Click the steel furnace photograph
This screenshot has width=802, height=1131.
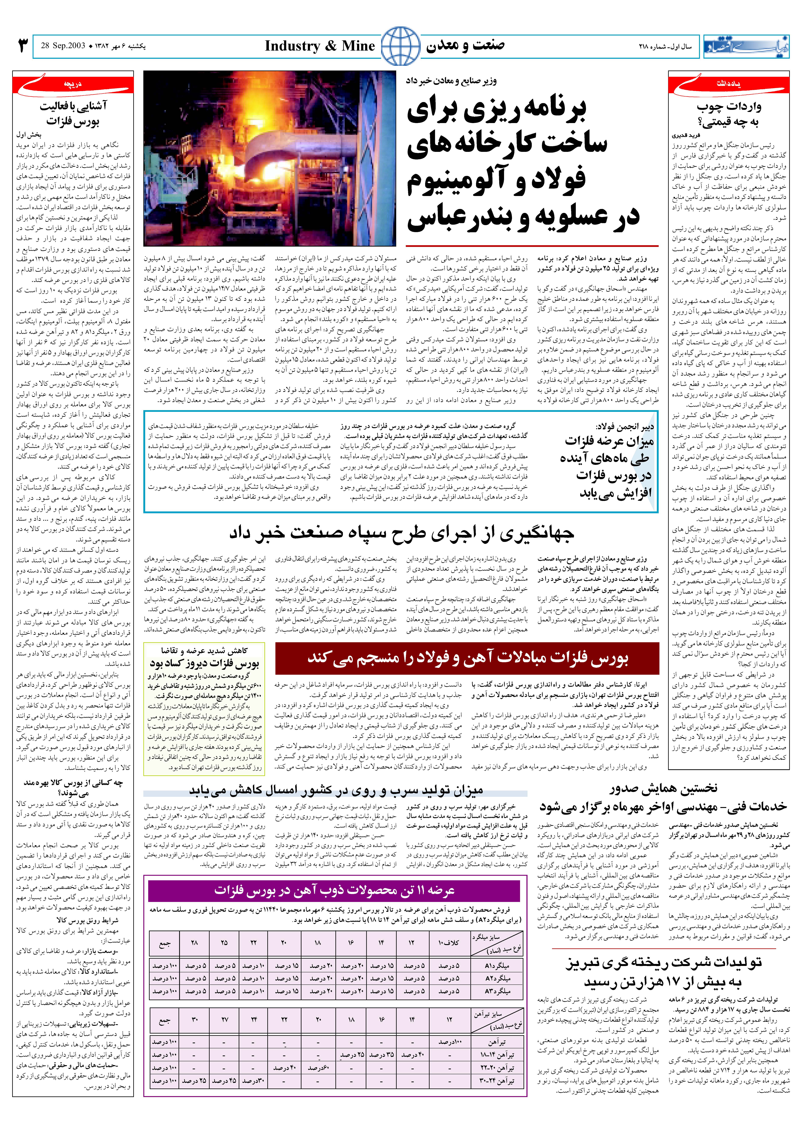[x=270, y=158]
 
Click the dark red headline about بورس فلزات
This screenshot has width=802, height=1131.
[x=467, y=658]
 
